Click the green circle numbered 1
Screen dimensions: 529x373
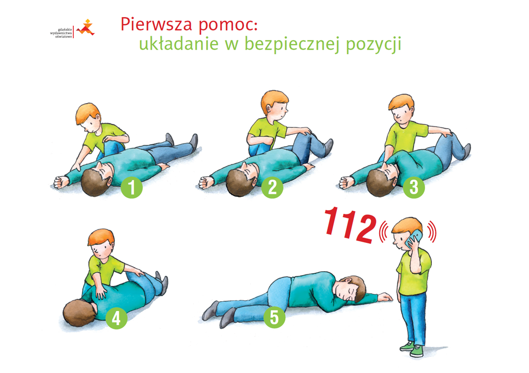pyautogui.click(x=132, y=188)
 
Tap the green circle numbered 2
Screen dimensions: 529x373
pyautogui.click(x=272, y=187)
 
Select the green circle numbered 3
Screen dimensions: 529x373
pyautogui.click(x=414, y=187)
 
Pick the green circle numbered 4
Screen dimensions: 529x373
pyautogui.click(x=116, y=318)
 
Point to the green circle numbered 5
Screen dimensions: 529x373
pyautogui.click(x=274, y=317)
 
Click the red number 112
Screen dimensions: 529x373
pyautogui.click(x=350, y=224)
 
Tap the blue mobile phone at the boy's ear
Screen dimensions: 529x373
pyautogui.click(x=414, y=238)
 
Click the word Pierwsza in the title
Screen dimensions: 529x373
pyautogui.click(x=156, y=24)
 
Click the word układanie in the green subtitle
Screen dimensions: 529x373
pyautogui.click(x=178, y=44)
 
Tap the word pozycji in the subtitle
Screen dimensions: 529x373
pyautogui.click(x=374, y=45)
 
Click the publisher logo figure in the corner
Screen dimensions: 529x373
pyautogui.click(x=86, y=28)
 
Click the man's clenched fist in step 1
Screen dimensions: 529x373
pyautogui.click(x=60, y=182)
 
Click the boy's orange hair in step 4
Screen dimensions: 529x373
pyautogui.click(x=101, y=237)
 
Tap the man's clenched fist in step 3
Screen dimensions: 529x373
pyautogui.click(x=346, y=182)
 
